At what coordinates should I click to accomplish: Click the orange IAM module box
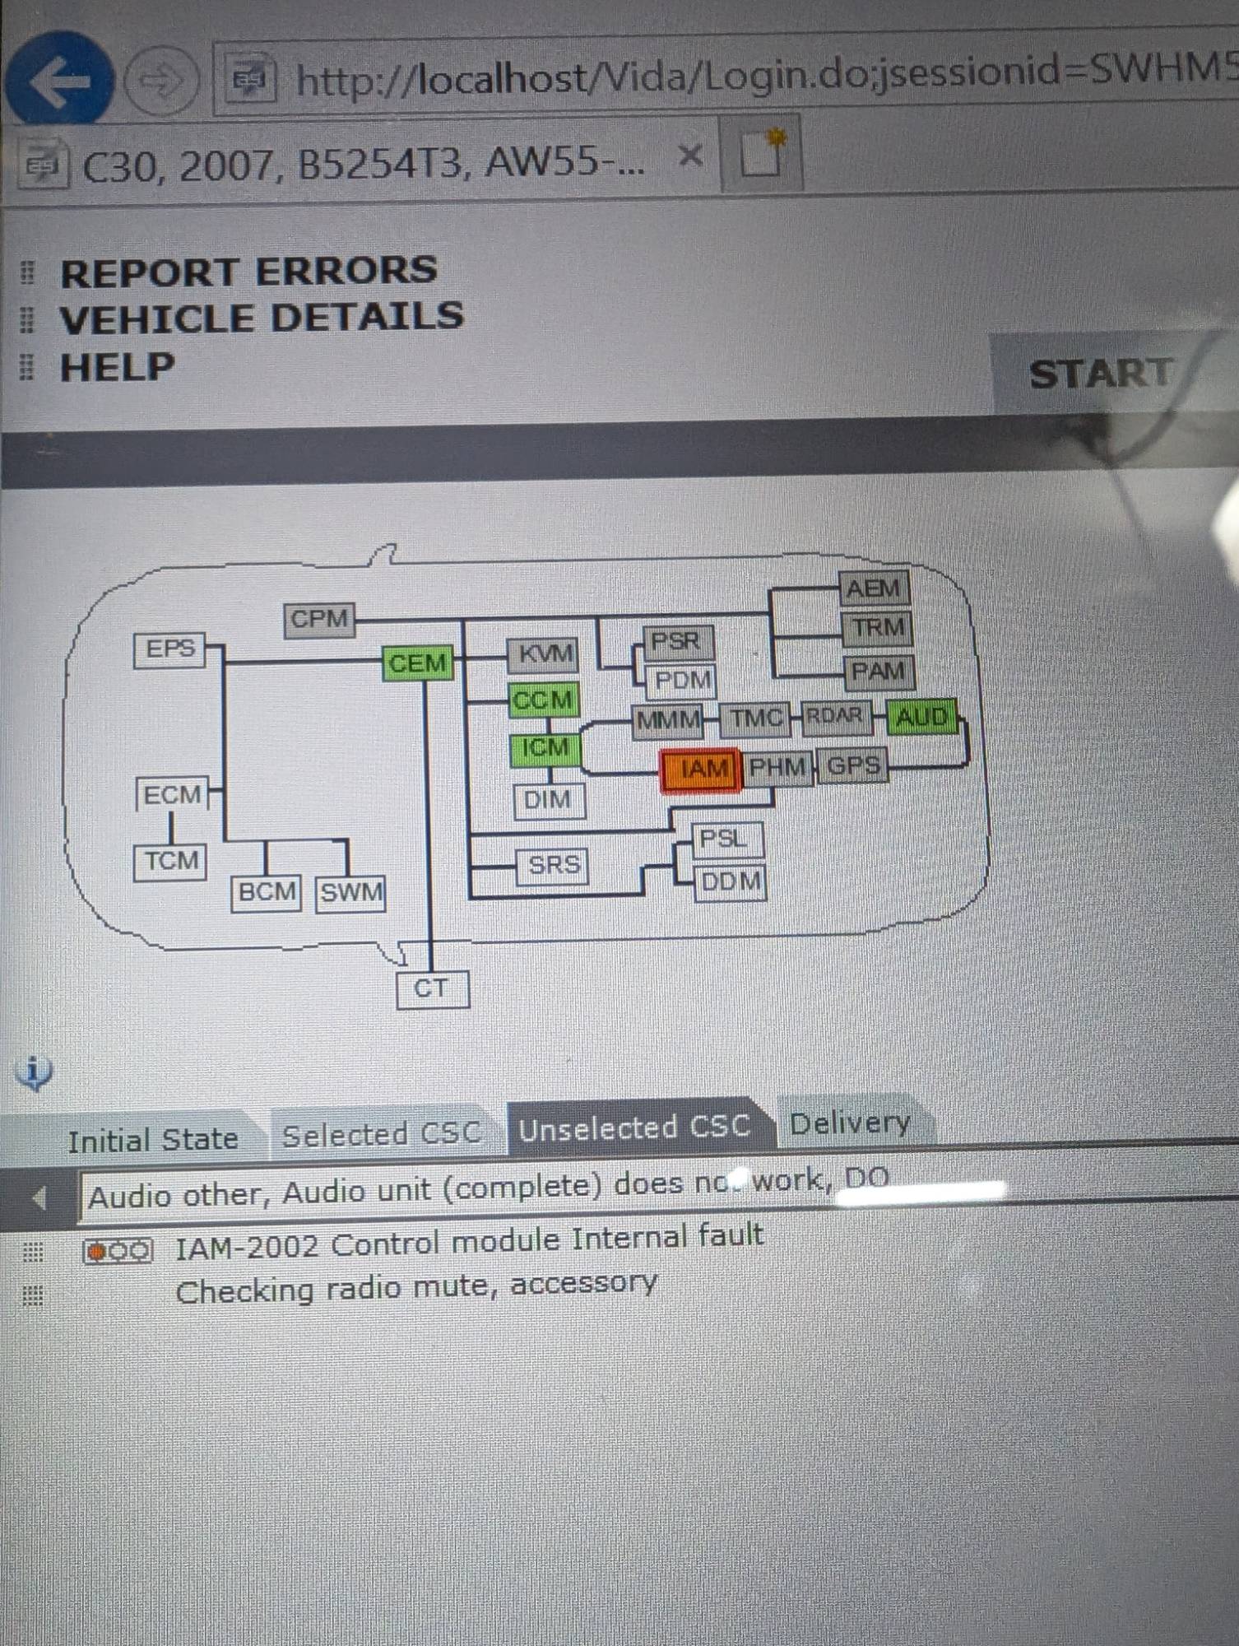(x=701, y=770)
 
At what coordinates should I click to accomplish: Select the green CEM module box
(x=417, y=663)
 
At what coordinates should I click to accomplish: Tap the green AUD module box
(x=921, y=718)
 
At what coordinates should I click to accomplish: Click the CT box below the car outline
(x=432, y=989)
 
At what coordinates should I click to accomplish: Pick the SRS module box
(x=553, y=866)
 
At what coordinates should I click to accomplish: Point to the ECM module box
(x=171, y=795)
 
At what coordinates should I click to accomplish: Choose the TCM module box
(x=170, y=862)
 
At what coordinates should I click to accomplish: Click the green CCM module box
(x=543, y=700)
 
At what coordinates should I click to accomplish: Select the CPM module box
(x=319, y=619)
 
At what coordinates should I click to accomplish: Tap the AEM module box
(x=874, y=588)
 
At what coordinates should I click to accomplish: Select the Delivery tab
(x=850, y=1123)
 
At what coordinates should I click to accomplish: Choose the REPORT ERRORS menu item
(x=248, y=272)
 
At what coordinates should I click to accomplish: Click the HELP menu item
(x=117, y=367)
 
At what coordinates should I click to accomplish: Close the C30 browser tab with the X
(x=691, y=156)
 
